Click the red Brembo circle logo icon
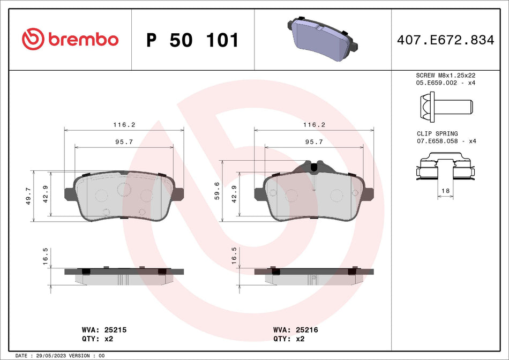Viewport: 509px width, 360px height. [x=33, y=40]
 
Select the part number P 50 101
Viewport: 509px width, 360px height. [x=192, y=40]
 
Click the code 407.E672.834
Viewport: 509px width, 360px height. [x=445, y=40]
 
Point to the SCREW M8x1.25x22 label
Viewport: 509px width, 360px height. [x=446, y=76]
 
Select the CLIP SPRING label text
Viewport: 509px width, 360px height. [x=437, y=133]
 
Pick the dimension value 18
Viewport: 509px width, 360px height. [x=446, y=191]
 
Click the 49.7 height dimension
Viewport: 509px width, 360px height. [x=29, y=196]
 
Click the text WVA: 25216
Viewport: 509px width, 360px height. [x=295, y=330]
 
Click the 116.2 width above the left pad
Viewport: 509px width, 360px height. [x=124, y=124]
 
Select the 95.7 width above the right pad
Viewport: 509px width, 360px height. [x=313, y=142]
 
